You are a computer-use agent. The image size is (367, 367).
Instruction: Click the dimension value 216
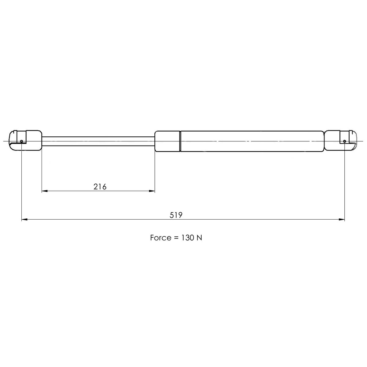pyautogui.click(x=100, y=187)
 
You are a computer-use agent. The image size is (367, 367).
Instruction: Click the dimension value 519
pyautogui.click(x=176, y=215)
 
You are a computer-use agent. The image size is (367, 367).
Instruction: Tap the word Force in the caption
pyautogui.click(x=161, y=238)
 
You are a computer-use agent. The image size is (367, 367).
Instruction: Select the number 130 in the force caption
pyautogui.click(x=187, y=238)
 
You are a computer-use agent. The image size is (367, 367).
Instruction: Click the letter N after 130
pyautogui.click(x=199, y=238)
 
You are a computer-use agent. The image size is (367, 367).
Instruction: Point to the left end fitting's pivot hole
pyautogui.click(x=22, y=141)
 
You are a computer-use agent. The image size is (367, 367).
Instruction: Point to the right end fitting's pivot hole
pyautogui.click(x=345, y=141)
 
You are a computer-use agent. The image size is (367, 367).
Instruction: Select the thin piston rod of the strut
pyautogui.click(x=98, y=141)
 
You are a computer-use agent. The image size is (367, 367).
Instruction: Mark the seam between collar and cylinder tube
pyautogui.click(x=180, y=141)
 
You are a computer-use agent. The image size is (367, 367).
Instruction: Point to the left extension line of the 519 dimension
pyautogui.click(x=22, y=183)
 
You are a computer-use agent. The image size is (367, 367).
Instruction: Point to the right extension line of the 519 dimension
pyautogui.click(x=345, y=183)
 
